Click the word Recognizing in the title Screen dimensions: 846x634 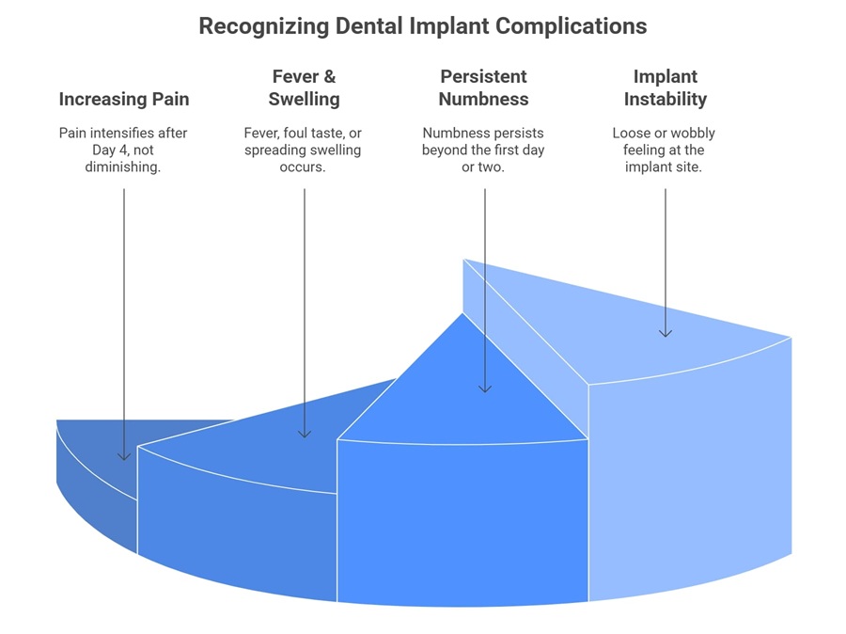click(x=264, y=26)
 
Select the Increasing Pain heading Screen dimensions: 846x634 click(x=124, y=99)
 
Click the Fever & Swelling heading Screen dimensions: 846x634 click(x=305, y=87)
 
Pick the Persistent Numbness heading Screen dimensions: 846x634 click(x=484, y=87)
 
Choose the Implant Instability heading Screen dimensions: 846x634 click(x=666, y=87)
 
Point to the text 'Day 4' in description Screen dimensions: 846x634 click(x=105, y=150)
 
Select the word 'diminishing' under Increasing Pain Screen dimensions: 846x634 click(x=121, y=166)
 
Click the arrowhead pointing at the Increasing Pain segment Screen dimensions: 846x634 click(x=124, y=456)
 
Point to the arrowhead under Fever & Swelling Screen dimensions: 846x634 click(x=305, y=433)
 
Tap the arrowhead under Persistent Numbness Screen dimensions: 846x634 click(x=484, y=388)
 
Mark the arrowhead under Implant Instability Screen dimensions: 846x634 click(x=666, y=332)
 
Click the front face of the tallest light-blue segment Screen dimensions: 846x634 click(x=690, y=475)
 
